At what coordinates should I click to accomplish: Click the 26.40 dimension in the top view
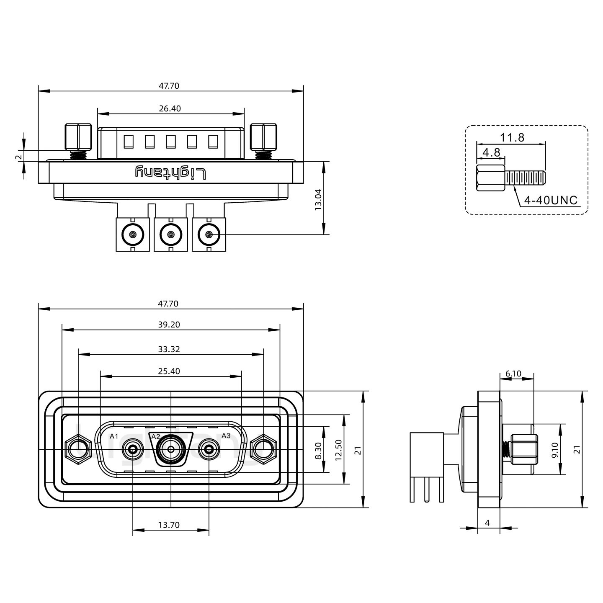[170, 109]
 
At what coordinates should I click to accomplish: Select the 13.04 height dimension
[318, 199]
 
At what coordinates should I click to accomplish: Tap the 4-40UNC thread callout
[551, 201]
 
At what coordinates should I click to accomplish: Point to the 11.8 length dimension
[512, 137]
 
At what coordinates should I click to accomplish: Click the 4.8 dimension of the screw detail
[491, 152]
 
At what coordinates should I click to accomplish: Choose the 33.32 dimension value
[169, 349]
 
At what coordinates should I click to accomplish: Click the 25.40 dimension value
[169, 371]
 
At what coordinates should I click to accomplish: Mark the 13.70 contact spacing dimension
[169, 525]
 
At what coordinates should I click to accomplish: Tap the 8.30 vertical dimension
[318, 451]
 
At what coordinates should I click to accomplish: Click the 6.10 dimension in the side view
[513, 374]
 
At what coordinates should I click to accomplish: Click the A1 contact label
[114, 436]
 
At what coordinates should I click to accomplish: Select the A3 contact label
[226, 435]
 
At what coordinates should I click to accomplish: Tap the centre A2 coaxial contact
[171, 450]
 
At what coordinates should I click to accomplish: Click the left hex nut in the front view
[78, 450]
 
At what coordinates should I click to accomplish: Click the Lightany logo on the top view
[170, 173]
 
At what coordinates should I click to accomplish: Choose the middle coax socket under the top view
[170, 234]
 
